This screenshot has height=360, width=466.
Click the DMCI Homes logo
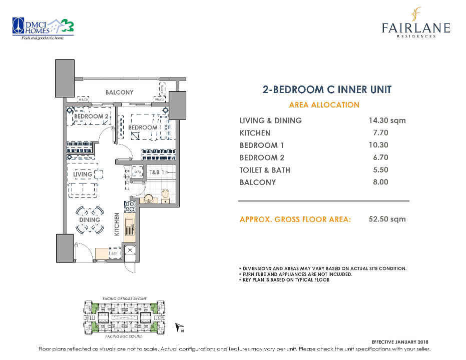pyautogui.click(x=43, y=30)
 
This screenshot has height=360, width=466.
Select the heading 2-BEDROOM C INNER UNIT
pyautogui.click(x=327, y=90)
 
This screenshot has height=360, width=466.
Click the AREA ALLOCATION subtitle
pyautogui.click(x=324, y=105)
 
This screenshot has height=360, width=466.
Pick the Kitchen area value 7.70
pyautogui.click(x=380, y=133)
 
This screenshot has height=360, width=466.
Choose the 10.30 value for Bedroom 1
pyautogui.click(x=380, y=145)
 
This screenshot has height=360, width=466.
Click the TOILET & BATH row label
pyautogui.click(x=265, y=170)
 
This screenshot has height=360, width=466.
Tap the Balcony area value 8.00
pyautogui.click(x=380, y=182)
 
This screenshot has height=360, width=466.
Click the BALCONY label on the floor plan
pyautogui.click(x=120, y=92)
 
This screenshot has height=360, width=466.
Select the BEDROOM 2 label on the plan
pyautogui.click(x=91, y=116)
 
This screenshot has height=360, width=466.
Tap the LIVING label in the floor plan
pyautogui.click(x=83, y=174)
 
